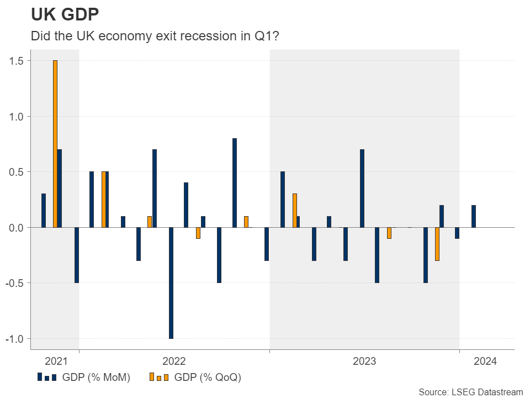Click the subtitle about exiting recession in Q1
click(155, 36)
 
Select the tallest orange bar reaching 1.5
click(55, 144)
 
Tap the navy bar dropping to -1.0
click(171, 282)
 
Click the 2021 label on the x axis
click(56, 362)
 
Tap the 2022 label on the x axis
click(174, 362)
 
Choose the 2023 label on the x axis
click(364, 362)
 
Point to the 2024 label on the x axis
click(485, 362)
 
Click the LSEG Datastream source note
click(470, 391)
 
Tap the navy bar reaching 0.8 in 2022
click(235, 182)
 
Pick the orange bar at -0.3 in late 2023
click(437, 244)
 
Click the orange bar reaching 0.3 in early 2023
click(295, 211)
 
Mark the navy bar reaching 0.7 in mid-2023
click(362, 188)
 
